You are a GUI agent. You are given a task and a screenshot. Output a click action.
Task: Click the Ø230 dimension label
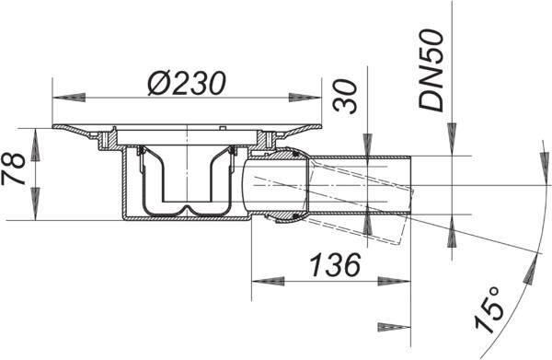click(186, 84)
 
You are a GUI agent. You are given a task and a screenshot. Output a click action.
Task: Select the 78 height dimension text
click(14, 169)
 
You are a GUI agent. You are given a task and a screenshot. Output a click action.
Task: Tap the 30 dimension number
click(345, 96)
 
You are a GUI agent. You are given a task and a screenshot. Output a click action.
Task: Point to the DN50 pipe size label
click(431, 71)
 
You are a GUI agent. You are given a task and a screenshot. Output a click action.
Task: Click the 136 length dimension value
click(335, 264)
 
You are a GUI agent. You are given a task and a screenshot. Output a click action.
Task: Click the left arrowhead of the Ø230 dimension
click(69, 98)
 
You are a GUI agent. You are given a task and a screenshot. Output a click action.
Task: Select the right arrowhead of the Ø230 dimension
click(305, 98)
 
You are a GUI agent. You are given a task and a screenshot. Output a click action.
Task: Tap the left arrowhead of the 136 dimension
click(268, 281)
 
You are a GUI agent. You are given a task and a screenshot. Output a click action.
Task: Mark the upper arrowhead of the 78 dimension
click(35, 145)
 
